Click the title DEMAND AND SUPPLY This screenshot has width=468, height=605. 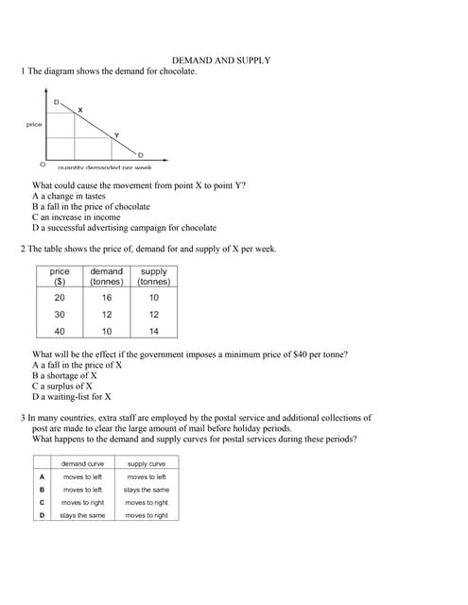click(220, 60)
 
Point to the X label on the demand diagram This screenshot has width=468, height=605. click(79, 110)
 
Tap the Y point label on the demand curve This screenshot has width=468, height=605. click(117, 134)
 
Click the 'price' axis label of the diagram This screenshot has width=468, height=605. click(34, 124)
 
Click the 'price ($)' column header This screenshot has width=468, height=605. click(60, 276)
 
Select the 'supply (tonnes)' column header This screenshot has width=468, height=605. click(153, 276)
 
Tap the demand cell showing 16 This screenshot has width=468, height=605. click(107, 298)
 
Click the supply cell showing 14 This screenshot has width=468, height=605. click(153, 331)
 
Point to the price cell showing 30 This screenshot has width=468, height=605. click(60, 314)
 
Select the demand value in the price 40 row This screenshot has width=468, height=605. click(107, 331)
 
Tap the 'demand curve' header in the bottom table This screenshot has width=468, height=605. click(82, 464)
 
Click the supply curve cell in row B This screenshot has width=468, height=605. click(147, 490)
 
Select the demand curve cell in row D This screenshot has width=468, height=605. click(82, 515)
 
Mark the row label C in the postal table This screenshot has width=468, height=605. click(42, 503)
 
